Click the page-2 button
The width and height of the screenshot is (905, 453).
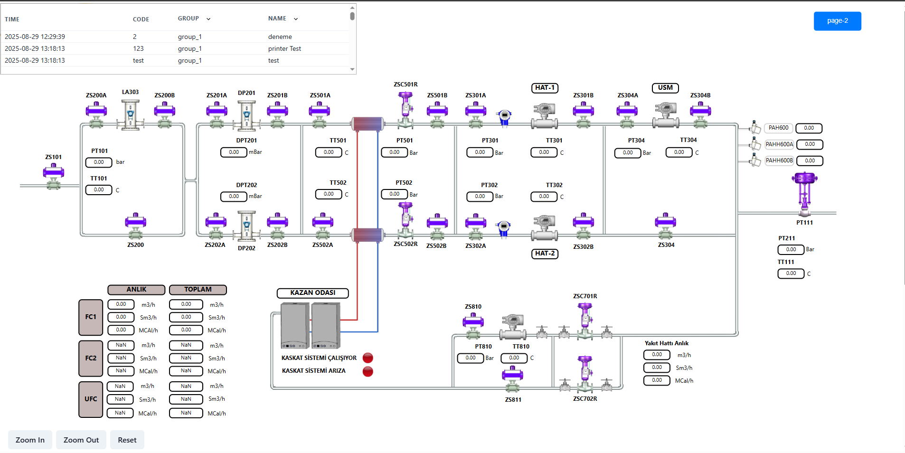[837, 21]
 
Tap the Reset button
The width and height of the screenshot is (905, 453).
[127, 440]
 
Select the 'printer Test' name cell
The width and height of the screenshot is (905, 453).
[284, 48]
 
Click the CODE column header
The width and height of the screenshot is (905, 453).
[141, 19]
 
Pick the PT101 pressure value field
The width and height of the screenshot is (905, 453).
[99, 162]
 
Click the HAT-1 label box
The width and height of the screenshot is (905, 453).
[545, 88]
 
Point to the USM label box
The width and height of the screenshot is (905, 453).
[665, 88]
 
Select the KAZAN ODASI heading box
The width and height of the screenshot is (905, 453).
[313, 293]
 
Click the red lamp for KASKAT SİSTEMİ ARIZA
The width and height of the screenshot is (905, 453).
[368, 371]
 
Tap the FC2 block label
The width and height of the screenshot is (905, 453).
[91, 358]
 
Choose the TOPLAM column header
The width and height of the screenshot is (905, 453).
[198, 290]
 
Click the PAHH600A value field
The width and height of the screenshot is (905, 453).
[810, 144]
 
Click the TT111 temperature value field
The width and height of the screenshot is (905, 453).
[791, 274]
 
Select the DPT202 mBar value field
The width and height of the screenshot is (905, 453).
[234, 196]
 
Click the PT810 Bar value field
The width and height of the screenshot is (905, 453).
[470, 358]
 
